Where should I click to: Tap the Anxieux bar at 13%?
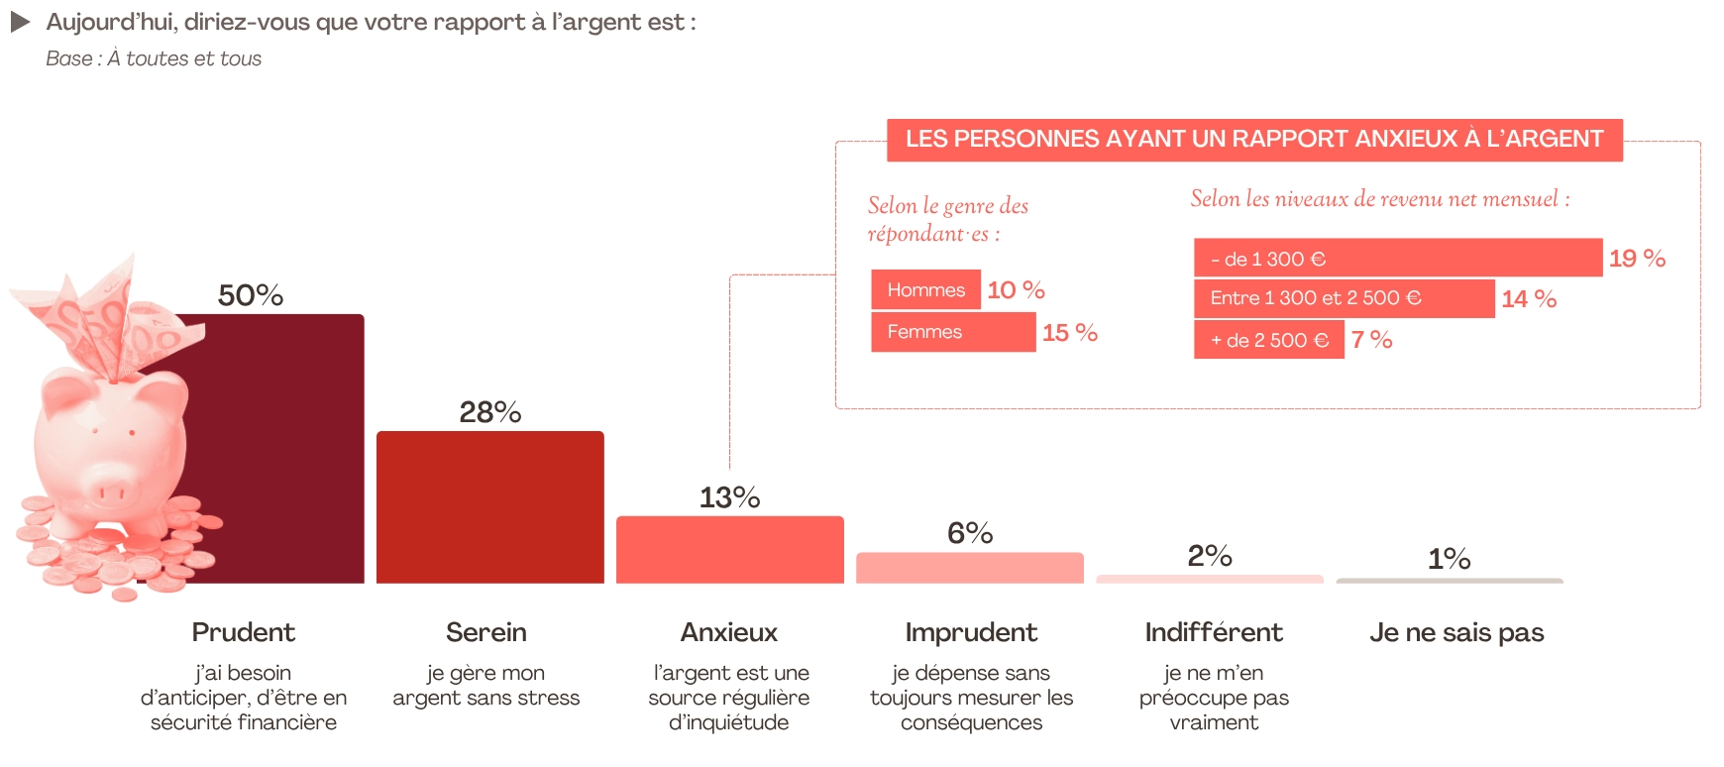tap(729, 550)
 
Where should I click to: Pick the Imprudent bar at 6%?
tap(969, 568)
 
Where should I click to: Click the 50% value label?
tap(251, 295)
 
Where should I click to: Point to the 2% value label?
tap(1209, 556)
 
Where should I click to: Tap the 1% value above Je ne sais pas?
tap(1449, 559)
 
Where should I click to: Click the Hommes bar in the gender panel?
tap(925, 289)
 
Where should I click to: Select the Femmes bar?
tap(952, 332)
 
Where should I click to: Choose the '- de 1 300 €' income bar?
tap(1397, 258)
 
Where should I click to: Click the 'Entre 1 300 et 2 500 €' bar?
tap(1344, 298)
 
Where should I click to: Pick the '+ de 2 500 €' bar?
tap(1268, 340)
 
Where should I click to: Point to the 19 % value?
tap(1637, 259)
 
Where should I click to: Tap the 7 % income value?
tap(1371, 340)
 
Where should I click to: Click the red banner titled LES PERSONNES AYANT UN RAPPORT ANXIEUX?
tap(1253, 139)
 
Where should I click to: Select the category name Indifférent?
tap(1213, 632)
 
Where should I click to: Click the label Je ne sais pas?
tap(1455, 632)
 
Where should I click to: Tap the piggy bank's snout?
tap(110, 491)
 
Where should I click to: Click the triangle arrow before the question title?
tap(20, 22)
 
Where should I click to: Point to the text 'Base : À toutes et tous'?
tap(154, 58)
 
